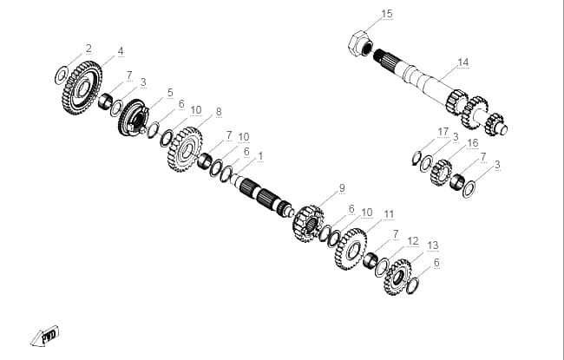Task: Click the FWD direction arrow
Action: [x=45, y=337]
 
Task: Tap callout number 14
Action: [x=463, y=62]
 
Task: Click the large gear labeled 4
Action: [x=82, y=88]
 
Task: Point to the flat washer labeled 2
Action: [x=61, y=75]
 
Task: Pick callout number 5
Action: [x=170, y=93]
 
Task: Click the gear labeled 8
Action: [x=185, y=149]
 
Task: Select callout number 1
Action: [x=260, y=156]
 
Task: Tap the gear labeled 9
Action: [x=308, y=223]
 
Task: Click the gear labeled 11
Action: [x=351, y=249]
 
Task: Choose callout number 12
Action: [x=413, y=240]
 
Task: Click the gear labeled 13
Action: [x=397, y=277]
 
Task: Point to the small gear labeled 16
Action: [x=442, y=173]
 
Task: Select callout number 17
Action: [x=443, y=132]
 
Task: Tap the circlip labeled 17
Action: [x=416, y=158]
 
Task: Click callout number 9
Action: [x=342, y=187]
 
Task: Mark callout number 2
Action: [x=89, y=49]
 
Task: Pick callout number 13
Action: [x=433, y=245]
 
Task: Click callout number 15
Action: [x=387, y=14]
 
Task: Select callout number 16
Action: [x=472, y=143]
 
